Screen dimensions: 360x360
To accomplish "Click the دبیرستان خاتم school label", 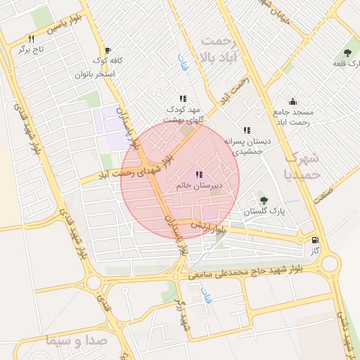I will (199, 186).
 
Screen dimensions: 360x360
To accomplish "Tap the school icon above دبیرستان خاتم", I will (199, 174).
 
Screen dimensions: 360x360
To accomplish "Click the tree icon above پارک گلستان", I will (264, 200).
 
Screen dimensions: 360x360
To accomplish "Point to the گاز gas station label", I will (316, 250).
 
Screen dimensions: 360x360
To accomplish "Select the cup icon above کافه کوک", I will (108, 50).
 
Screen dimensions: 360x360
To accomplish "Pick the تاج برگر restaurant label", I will (31, 51).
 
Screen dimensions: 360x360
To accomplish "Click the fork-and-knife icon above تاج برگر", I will (31, 39).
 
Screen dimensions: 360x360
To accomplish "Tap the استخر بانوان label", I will (94, 73).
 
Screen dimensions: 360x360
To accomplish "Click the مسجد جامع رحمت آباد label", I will (293, 117).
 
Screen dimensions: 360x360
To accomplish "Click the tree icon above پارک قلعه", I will (347, 53).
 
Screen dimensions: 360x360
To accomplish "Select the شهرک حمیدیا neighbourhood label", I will (307, 165).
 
